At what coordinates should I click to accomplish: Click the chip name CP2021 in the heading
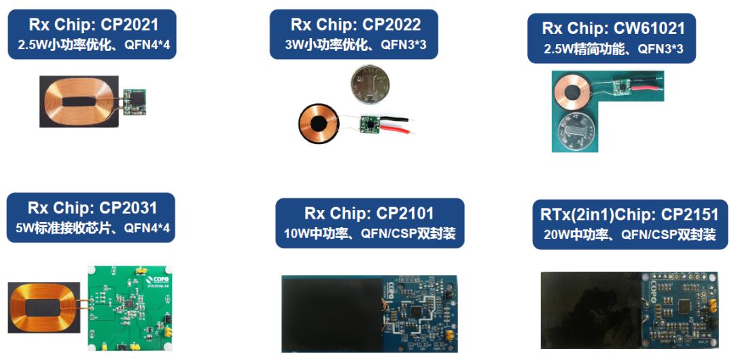(129, 26)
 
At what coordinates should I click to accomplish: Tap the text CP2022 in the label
(391, 25)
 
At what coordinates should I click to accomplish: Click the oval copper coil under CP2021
(82, 101)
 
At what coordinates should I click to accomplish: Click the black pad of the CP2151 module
(591, 310)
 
